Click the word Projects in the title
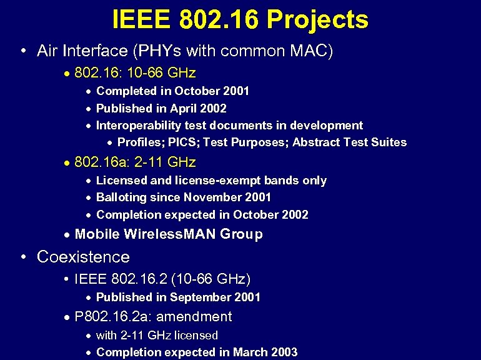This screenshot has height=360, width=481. (317, 20)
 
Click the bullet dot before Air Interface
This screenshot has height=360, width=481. (22, 51)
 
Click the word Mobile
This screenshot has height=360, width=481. (97, 234)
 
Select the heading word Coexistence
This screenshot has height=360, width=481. (83, 257)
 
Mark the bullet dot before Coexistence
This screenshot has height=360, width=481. (22, 257)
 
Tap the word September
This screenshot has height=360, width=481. (199, 297)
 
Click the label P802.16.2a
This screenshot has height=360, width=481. (112, 317)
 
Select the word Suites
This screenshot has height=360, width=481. (388, 142)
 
